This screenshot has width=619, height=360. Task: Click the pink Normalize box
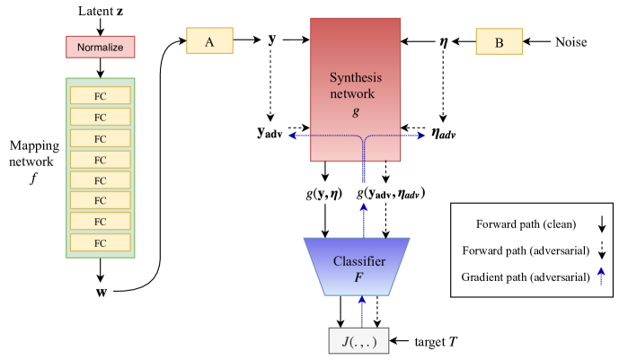tap(101, 48)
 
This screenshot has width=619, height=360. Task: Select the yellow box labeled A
tap(209, 40)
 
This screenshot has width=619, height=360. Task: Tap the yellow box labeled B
tap(500, 41)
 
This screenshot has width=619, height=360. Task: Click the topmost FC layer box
tap(101, 95)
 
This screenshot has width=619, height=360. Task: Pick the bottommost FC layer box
tap(101, 242)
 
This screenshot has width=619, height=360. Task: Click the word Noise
tap(570, 42)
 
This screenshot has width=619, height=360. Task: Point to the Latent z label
tap(101, 11)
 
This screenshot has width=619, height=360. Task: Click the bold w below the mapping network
tap(101, 292)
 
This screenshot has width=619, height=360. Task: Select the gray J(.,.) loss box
tap(358, 340)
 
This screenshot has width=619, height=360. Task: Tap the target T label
tap(436, 341)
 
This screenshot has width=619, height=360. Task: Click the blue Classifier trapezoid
tap(358, 267)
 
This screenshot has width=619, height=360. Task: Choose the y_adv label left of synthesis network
tap(270, 133)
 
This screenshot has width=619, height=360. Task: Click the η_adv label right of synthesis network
tap(443, 133)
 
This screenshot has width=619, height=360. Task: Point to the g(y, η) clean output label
tap(324, 194)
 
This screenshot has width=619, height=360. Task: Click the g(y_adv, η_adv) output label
tap(391, 194)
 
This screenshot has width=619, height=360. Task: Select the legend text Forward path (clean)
tap(526, 224)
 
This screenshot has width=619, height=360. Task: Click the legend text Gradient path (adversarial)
tap(526, 277)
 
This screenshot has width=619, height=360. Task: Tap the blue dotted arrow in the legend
tap(601, 277)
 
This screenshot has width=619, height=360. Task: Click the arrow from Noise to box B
tap(536, 41)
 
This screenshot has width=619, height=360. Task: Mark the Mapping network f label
tap(34, 162)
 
